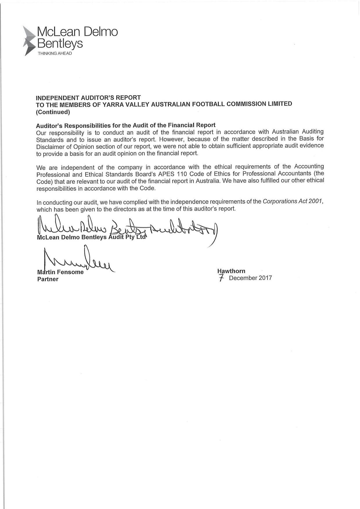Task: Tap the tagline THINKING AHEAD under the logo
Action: point(55,53)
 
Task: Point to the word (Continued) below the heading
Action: point(53,112)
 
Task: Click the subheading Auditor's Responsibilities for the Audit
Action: point(126,125)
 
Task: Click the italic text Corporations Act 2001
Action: point(293,202)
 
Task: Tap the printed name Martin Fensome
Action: point(60,272)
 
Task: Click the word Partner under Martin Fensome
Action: point(48,279)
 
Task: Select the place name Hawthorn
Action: point(231,271)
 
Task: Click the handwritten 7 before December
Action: point(222,278)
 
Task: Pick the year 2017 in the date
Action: point(265,278)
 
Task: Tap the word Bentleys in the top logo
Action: point(60,44)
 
